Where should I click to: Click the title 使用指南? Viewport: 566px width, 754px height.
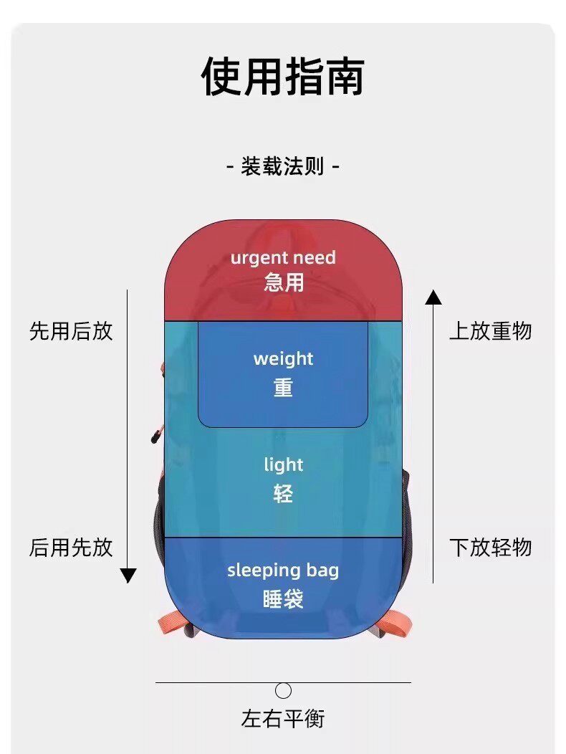[283, 77]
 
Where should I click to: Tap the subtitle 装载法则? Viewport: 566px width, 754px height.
[283, 168]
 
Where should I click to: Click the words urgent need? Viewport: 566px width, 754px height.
[283, 258]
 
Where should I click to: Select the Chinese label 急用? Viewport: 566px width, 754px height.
[283, 282]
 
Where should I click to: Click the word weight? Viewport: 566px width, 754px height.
[283, 358]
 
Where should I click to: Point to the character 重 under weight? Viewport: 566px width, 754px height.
[283, 388]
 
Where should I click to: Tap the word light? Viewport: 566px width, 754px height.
[283, 465]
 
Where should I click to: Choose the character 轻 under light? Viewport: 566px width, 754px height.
[283, 494]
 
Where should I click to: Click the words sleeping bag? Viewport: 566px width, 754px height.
[283, 571]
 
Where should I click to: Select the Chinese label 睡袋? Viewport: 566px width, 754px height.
[283, 598]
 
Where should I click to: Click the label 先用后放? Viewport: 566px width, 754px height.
[71, 331]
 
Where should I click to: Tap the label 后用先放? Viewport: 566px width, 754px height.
[71, 548]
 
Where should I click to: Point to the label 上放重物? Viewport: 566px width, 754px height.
[491, 331]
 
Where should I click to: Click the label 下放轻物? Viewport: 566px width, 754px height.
[491, 548]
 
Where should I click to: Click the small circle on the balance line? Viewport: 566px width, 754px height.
[284, 691]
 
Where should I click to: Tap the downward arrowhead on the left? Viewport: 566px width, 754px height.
[128, 575]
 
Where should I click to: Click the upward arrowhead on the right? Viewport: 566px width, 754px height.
[433, 297]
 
